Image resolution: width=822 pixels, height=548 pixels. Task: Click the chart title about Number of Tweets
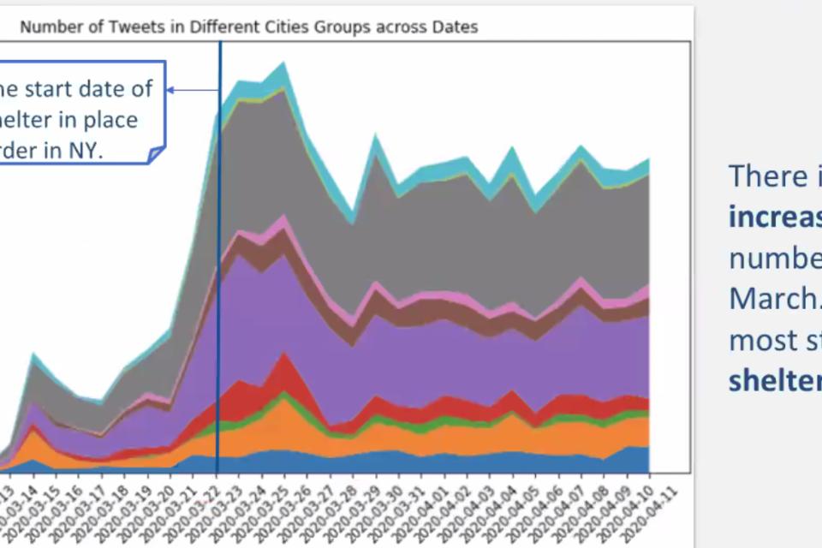(x=248, y=27)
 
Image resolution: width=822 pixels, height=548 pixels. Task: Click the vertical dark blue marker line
(x=219, y=257)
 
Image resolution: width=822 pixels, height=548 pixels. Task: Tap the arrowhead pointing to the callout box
(x=170, y=89)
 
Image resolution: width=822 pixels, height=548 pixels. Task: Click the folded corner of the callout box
(x=156, y=154)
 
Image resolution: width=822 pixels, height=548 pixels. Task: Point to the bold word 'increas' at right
(x=774, y=217)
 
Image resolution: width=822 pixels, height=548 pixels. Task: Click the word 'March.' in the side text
(x=774, y=299)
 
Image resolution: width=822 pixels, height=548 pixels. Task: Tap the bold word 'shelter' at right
(x=774, y=381)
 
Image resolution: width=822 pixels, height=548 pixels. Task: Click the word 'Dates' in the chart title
(x=453, y=27)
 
